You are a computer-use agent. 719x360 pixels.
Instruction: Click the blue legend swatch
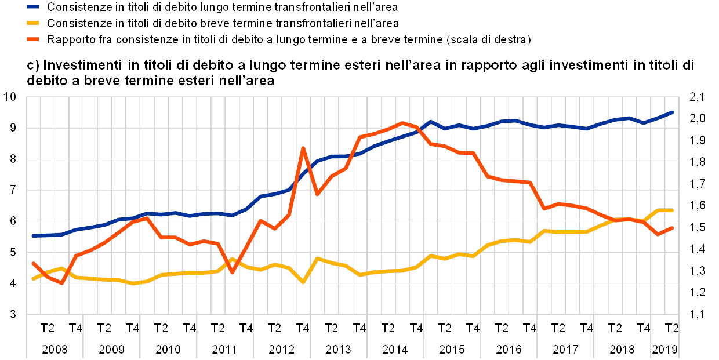click(x=34, y=8)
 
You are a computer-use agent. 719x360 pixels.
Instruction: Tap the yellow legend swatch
click(x=34, y=23)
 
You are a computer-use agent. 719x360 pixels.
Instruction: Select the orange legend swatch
click(x=34, y=39)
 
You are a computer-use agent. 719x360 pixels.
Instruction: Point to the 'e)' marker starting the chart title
click(x=31, y=64)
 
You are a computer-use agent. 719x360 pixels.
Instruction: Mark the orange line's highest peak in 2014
click(x=402, y=123)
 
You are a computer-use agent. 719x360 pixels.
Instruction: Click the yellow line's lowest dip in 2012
click(x=303, y=282)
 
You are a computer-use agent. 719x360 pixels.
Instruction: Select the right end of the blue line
click(x=672, y=112)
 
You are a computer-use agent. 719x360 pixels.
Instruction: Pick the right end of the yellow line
click(x=672, y=210)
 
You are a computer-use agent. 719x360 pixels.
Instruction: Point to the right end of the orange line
click(x=672, y=228)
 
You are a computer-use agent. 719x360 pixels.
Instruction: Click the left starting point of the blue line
click(x=33, y=236)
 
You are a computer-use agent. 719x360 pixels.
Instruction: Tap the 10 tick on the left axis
click(x=13, y=97)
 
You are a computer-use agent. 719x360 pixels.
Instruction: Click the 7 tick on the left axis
click(x=13, y=190)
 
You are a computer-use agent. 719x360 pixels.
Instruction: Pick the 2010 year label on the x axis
click(x=168, y=350)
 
